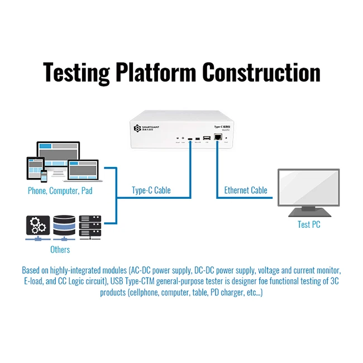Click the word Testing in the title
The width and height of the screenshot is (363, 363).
(76, 73)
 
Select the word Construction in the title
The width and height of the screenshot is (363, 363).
(261, 73)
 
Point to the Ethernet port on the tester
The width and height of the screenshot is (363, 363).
(218, 137)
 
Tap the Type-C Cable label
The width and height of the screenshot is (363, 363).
(151, 190)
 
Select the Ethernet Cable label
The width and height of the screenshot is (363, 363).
(246, 190)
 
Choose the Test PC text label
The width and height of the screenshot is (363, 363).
(309, 225)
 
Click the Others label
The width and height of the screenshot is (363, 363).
(60, 249)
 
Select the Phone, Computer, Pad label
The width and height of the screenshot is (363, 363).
(60, 190)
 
